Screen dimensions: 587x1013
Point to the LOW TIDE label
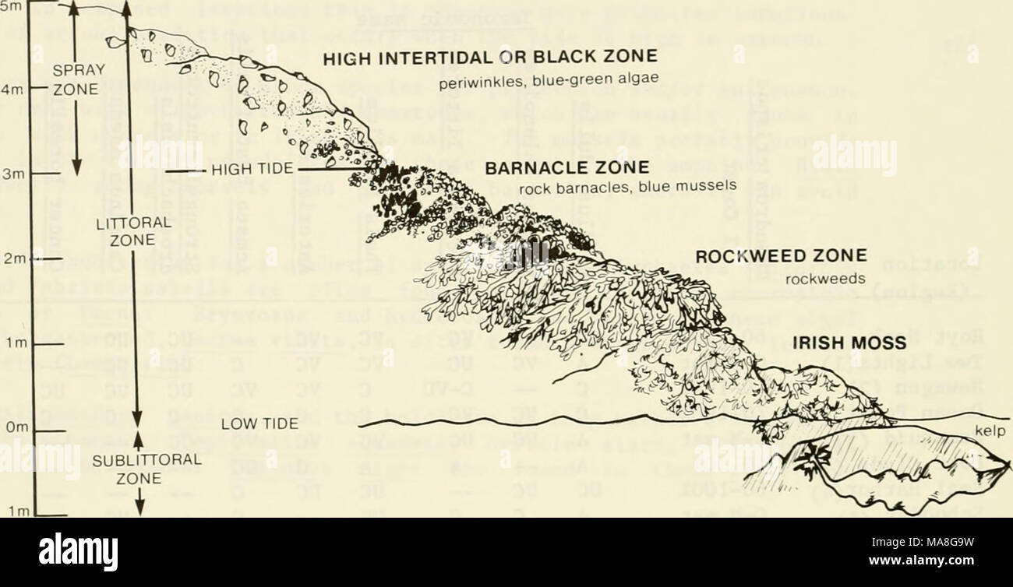tap(259, 424)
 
